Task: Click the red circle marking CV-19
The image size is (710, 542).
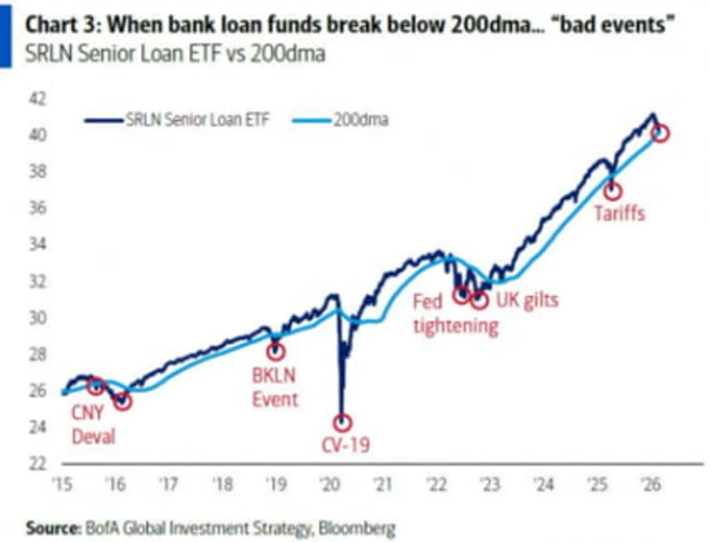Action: pos(342,423)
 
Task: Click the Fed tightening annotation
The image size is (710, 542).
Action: pos(456,314)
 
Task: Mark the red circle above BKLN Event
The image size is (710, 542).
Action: pos(275,351)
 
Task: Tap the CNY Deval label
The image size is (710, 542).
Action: pos(94,425)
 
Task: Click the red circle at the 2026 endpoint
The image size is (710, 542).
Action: pos(659,133)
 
